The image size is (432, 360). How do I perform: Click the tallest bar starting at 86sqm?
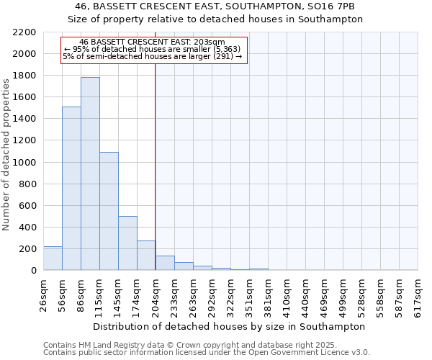click(90, 174)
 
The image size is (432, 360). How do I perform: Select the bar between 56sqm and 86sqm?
click(71, 189)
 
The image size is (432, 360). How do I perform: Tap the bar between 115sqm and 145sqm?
click(109, 211)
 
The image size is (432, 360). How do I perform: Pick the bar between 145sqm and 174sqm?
click(127, 243)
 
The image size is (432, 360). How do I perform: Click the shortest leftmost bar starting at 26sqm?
click(53, 258)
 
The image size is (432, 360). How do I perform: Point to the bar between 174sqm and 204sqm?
click(146, 256)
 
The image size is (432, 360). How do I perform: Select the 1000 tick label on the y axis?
click(25, 163)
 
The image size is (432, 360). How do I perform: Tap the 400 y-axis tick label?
click(28, 228)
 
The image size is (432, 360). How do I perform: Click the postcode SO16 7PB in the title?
click(335, 6)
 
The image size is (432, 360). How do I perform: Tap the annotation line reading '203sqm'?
click(154, 42)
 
